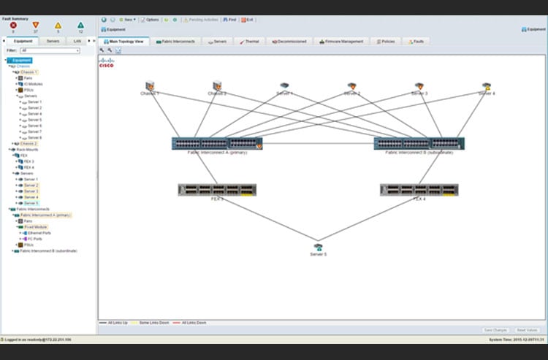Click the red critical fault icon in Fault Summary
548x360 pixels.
[12, 26]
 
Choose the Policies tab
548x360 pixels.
[386, 42]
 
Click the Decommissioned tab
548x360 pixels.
[289, 42]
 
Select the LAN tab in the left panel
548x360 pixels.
[77, 41]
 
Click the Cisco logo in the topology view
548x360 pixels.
[107, 63]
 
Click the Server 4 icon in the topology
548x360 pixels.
[487, 87]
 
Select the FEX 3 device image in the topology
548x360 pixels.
[216, 189]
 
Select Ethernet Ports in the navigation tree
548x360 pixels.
[39, 232]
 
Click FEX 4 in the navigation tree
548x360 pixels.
[28, 167]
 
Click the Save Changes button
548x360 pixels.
[496, 330]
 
